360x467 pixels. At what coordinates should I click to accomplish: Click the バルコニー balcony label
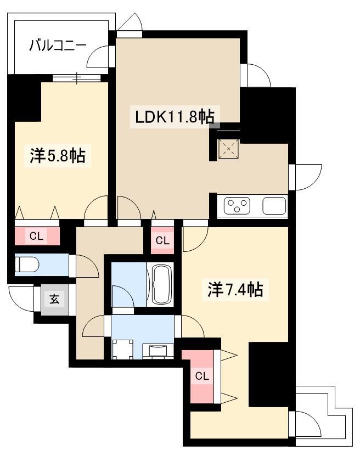(x=58, y=46)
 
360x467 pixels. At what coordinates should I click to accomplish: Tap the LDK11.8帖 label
(x=175, y=116)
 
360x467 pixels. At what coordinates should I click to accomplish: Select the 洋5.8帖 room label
(x=58, y=155)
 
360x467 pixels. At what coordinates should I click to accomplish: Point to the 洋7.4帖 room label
(x=235, y=289)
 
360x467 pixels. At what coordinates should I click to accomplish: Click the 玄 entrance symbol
(x=54, y=299)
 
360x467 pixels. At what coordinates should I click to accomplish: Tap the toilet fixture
(x=27, y=265)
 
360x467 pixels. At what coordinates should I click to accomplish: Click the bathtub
(x=162, y=284)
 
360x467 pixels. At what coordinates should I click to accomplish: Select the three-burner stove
(x=237, y=206)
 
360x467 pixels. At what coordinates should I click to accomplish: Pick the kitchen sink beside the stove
(x=274, y=206)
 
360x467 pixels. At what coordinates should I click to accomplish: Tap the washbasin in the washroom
(x=157, y=351)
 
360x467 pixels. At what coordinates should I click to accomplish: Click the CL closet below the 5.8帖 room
(x=37, y=236)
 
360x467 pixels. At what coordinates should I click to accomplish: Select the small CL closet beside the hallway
(x=162, y=240)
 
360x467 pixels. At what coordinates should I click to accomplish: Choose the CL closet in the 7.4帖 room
(x=202, y=376)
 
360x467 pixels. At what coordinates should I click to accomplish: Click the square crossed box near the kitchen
(x=229, y=148)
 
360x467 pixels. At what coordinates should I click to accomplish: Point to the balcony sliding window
(x=76, y=78)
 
